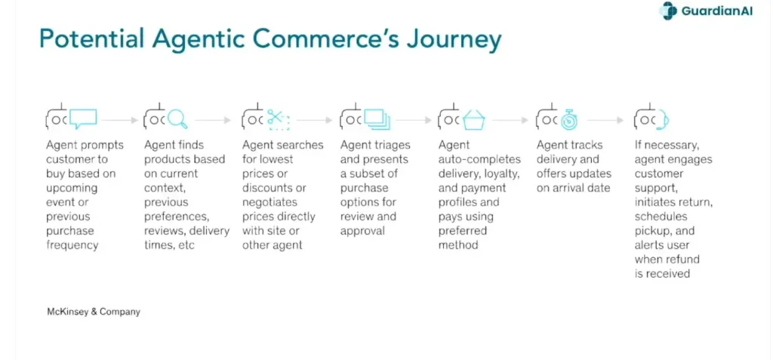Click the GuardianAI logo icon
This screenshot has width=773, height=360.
pyautogui.click(x=669, y=11)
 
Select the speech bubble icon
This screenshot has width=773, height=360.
pyautogui.click(x=83, y=119)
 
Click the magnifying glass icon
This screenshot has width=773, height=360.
pyautogui.click(x=177, y=119)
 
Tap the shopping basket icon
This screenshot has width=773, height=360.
pyautogui.click(x=474, y=119)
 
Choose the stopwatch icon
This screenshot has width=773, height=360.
pyautogui.click(x=569, y=119)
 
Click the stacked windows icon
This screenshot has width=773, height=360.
pyautogui.click(x=377, y=120)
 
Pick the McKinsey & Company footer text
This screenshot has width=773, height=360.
pyautogui.click(x=93, y=312)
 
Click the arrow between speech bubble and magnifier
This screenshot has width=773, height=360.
pyautogui.click(x=120, y=120)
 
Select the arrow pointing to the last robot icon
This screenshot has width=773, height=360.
pyautogui.click(x=605, y=120)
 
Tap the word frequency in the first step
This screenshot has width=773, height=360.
pyautogui.click(x=72, y=245)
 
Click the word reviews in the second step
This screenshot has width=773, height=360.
pyautogui.click(x=165, y=231)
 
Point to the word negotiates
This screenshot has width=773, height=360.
pyautogui.click(x=269, y=203)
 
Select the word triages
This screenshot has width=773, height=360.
pyautogui.click(x=392, y=146)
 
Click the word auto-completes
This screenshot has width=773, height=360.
pyautogui.click(x=479, y=160)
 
